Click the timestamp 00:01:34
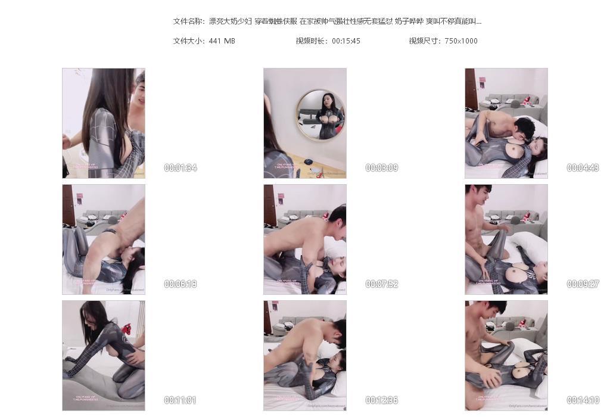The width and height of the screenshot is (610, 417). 180,168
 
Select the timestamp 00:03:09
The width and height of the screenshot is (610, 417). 382,168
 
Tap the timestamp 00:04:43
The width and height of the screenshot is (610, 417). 583,168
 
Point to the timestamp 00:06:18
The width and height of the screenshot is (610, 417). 180,284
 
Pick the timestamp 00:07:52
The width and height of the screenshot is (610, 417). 382,284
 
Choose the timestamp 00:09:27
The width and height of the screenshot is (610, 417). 583,284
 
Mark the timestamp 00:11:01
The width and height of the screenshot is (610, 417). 180,400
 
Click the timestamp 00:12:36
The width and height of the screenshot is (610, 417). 382,400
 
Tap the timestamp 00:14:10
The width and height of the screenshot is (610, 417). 583,400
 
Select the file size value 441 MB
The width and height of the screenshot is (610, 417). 222,41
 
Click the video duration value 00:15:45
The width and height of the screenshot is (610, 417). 346,41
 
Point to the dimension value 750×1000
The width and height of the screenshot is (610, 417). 461,41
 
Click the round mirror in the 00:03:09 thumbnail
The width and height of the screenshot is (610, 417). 320,115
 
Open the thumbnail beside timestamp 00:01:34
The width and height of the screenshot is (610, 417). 104,123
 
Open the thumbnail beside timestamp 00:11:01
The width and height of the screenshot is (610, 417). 104,355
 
